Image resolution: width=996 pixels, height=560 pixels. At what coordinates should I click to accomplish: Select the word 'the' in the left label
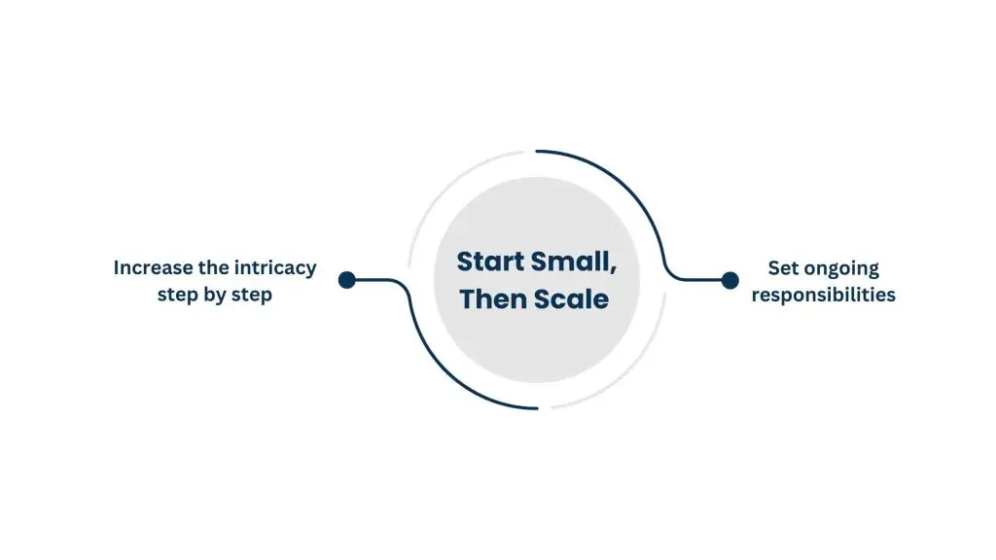[x=208, y=267]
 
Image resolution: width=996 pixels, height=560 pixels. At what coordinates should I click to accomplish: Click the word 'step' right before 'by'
[x=177, y=295]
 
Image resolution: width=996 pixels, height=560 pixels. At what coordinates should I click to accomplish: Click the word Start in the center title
[x=492, y=262]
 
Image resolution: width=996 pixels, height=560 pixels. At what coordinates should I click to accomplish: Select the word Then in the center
[x=493, y=298]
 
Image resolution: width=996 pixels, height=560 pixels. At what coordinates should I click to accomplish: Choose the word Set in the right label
[x=783, y=267]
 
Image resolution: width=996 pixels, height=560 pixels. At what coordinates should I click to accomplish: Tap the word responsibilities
[x=823, y=295]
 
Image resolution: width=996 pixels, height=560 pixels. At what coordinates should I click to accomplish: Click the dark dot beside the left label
[x=346, y=280]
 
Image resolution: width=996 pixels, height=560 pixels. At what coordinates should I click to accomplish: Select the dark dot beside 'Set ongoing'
[x=729, y=280]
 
